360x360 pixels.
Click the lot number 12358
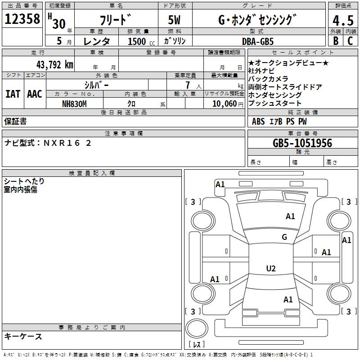[x=22, y=19]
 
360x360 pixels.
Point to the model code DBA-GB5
[x=264, y=41]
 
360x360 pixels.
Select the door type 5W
[x=175, y=21]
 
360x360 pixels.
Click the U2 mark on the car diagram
[x=271, y=269]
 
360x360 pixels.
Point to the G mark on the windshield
[x=284, y=237]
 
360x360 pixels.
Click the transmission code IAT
[x=13, y=94]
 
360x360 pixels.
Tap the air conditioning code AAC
[x=35, y=94]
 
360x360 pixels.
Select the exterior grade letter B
[x=335, y=41]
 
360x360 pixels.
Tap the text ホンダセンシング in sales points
[x=275, y=95]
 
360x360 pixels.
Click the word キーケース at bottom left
[x=23, y=336]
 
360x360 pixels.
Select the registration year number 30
[x=58, y=23]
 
